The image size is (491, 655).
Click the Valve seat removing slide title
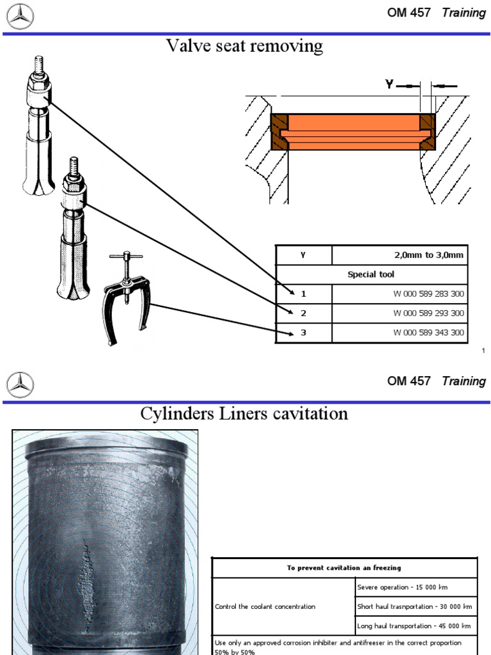tap(245, 47)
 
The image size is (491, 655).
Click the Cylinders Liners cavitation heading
tap(244, 414)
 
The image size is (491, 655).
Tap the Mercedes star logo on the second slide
tap(20, 384)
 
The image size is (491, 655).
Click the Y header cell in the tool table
tap(304, 255)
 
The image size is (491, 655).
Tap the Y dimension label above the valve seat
tap(389, 84)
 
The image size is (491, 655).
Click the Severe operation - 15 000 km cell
tap(416, 587)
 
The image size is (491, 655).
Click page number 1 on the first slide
tap(483, 351)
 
